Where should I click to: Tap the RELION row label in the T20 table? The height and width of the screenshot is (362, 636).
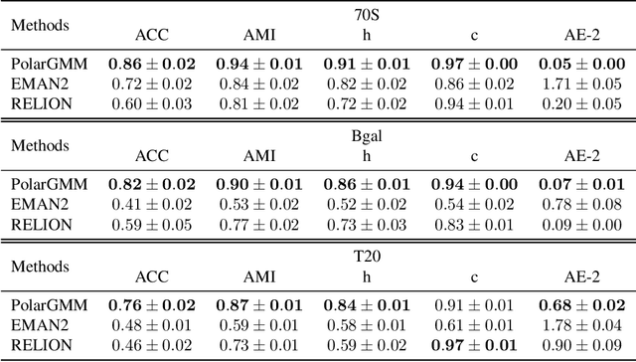[41, 344]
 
